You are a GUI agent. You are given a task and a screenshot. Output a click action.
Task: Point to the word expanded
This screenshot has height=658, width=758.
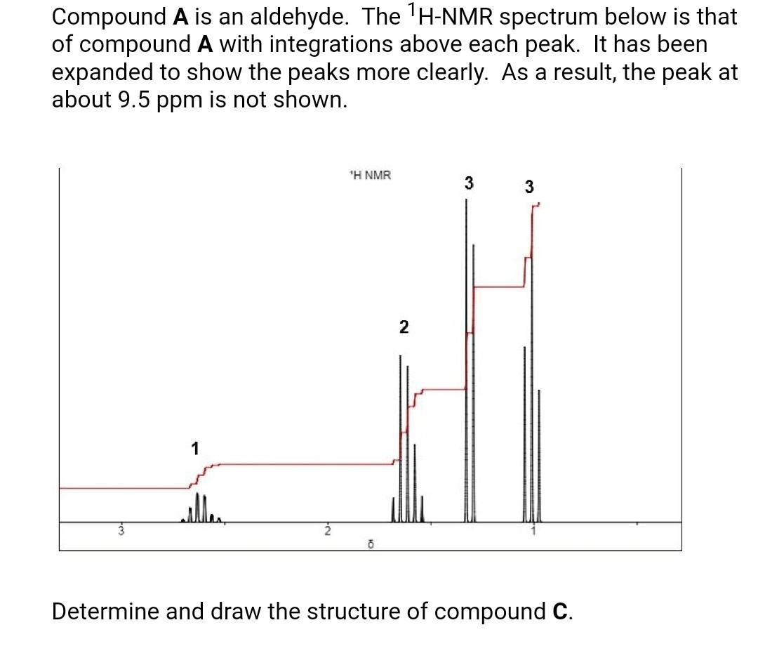pos(112,72)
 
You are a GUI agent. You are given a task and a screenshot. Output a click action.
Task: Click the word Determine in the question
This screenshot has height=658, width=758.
pos(105,612)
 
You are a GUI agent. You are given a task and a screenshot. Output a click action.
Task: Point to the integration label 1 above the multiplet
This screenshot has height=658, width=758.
pos(195,447)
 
